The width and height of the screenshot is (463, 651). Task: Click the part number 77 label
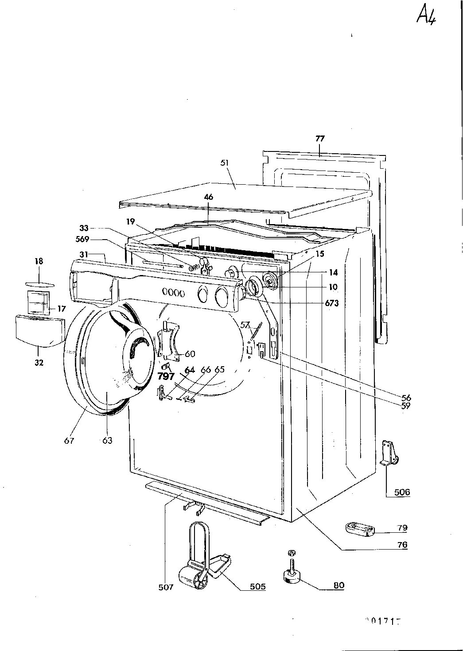click(320, 138)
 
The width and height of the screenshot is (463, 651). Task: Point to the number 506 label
click(402, 492)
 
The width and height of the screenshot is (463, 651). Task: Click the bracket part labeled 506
click(389, 454)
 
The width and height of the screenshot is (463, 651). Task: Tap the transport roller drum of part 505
click(190, 578)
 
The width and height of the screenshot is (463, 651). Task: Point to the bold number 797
click(166, 377)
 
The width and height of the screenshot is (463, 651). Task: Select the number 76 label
click(402, 545)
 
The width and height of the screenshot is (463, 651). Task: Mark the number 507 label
click(166, 587)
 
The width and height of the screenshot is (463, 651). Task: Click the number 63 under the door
click(107, 440)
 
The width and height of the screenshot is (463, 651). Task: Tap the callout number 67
click(69, 440)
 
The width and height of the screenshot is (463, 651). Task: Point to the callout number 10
click(333, 287)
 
